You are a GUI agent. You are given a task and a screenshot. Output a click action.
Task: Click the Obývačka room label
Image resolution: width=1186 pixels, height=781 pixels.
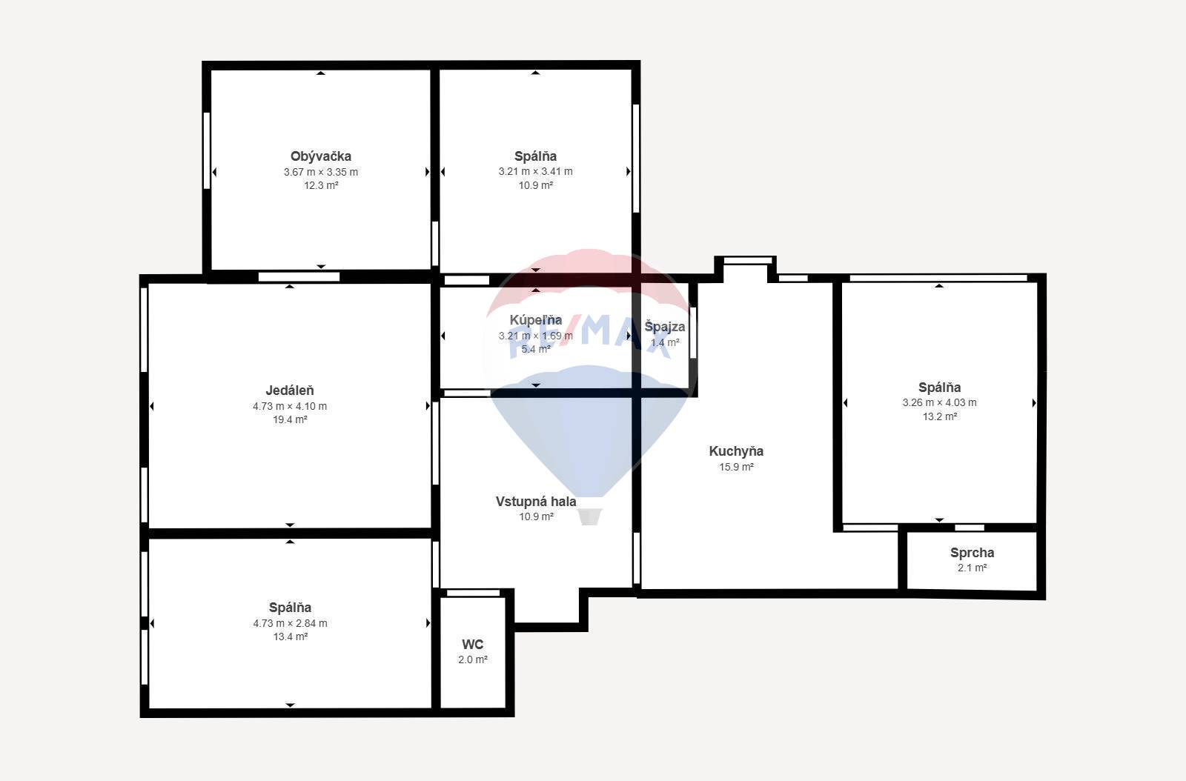321,156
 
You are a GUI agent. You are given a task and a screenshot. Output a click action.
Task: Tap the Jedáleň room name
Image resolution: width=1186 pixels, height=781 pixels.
290,390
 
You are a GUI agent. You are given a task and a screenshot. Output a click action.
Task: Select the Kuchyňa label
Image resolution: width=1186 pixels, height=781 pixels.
736,451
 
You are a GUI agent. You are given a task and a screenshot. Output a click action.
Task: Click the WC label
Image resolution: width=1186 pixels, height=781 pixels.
472,645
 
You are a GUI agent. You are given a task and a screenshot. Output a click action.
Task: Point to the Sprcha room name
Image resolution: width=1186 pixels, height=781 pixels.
972,553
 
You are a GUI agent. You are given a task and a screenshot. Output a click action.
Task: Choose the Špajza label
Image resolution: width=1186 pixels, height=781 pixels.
664,327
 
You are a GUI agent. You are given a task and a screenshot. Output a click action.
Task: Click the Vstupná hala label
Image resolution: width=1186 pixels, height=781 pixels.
536,502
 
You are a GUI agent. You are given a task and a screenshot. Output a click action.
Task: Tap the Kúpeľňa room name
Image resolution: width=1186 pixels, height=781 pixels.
536,320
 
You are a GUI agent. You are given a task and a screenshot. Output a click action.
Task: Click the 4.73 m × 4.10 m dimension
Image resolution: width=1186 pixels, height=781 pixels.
290,406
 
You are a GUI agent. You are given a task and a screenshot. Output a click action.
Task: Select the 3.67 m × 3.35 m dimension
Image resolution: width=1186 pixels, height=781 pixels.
321,172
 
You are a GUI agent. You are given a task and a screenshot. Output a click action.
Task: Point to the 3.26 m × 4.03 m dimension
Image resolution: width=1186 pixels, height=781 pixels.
939,402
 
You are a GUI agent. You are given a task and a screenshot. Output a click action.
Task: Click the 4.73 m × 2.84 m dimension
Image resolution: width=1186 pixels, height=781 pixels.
290,623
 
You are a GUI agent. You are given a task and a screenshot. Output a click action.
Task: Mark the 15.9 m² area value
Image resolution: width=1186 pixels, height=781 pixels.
736,467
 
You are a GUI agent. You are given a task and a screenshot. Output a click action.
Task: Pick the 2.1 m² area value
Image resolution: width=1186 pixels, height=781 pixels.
972,568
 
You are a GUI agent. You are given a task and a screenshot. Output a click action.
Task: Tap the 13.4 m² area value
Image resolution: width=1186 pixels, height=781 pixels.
290,637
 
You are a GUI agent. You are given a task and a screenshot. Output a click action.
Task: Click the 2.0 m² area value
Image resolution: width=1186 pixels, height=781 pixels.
472,659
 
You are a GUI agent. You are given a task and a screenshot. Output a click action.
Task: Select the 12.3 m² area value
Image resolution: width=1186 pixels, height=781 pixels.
321,185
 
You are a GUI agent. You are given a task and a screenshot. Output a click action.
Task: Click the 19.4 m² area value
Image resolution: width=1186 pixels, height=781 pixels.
290,419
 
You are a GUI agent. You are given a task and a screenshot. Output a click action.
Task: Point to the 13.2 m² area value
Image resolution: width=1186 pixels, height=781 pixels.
939,416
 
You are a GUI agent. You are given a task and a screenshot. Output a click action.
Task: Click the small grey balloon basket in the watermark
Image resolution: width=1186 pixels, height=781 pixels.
589,517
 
